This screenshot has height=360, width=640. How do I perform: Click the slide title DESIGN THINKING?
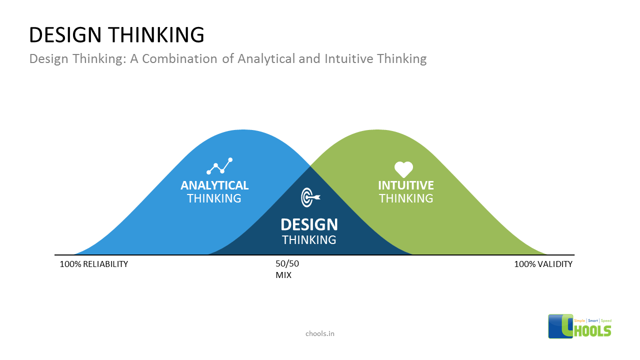click(x=116, y=35)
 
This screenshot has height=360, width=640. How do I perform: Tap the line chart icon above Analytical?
click(x=220, y=166)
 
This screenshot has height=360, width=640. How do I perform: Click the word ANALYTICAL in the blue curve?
click(x=214, y=185)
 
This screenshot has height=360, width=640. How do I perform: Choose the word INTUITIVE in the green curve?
click(x=405, y=185)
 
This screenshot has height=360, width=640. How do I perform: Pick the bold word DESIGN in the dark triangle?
click(x=309, y=224)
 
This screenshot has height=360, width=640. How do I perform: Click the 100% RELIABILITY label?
click(x=94, y=264)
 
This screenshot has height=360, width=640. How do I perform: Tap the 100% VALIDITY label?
click(x=543, y=264)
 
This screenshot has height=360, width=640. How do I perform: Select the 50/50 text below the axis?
click(x=287, y=264)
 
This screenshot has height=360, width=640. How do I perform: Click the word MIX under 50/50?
click(x=283, y=275)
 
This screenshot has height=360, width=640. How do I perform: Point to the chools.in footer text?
click(x=319, y=333)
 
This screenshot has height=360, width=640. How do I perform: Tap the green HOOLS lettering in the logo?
click(x=593, y=331)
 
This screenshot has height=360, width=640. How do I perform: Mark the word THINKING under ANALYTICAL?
click(x=214, y=198)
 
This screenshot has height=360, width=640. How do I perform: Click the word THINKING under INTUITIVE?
click(x=405, y=198)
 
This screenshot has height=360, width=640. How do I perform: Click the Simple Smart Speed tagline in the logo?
click(x=593, y=320)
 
